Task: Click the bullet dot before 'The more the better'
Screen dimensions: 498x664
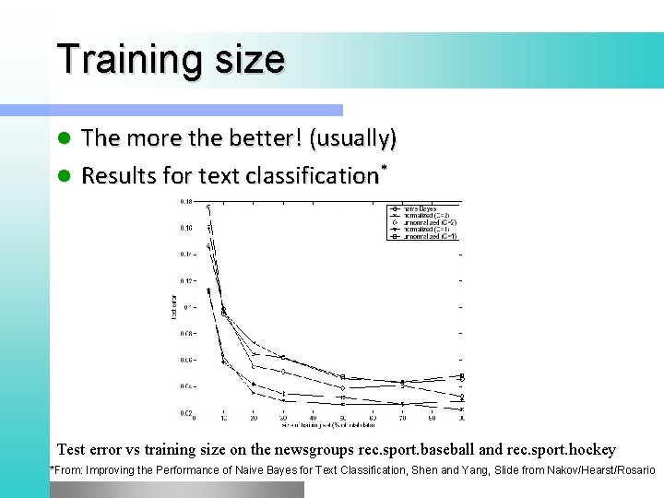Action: [65, 139]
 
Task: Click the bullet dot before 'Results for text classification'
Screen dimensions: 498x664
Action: [65, 175]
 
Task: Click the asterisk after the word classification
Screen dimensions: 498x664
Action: [382, 169]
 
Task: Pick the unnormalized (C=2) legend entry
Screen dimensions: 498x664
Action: [425, 222]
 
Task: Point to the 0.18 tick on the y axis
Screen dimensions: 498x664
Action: [186, 201]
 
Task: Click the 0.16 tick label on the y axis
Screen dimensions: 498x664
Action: [186, 228]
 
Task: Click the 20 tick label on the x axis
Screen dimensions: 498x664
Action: [253, 420]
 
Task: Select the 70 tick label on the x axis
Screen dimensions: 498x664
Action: [402, 420]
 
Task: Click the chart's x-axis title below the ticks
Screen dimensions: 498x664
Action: [327, 426]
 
